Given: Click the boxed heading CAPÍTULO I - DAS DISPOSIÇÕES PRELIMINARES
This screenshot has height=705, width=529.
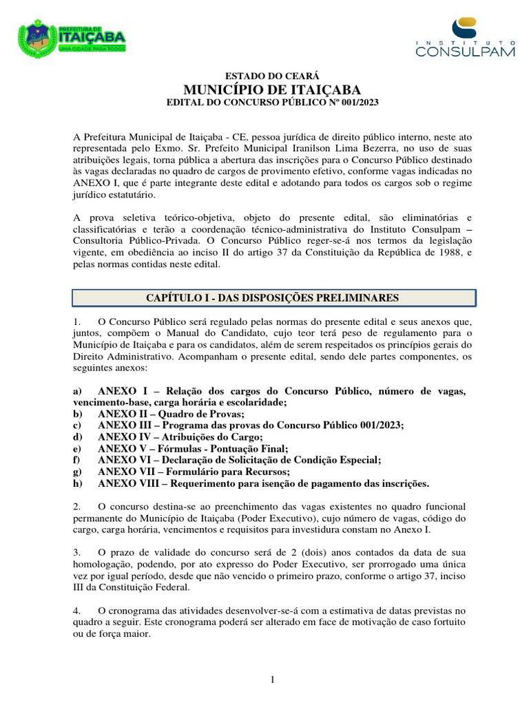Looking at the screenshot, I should (273, 297).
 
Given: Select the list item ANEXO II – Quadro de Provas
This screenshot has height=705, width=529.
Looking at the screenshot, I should (171, 414).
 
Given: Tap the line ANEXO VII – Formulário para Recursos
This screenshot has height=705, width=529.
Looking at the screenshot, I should (194, 472).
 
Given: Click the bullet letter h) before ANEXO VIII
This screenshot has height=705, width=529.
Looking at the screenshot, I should (78, 483).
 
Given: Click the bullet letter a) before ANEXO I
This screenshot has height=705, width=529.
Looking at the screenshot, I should (78, 391).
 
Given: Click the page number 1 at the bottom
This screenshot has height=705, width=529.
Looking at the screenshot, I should (273, 680).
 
